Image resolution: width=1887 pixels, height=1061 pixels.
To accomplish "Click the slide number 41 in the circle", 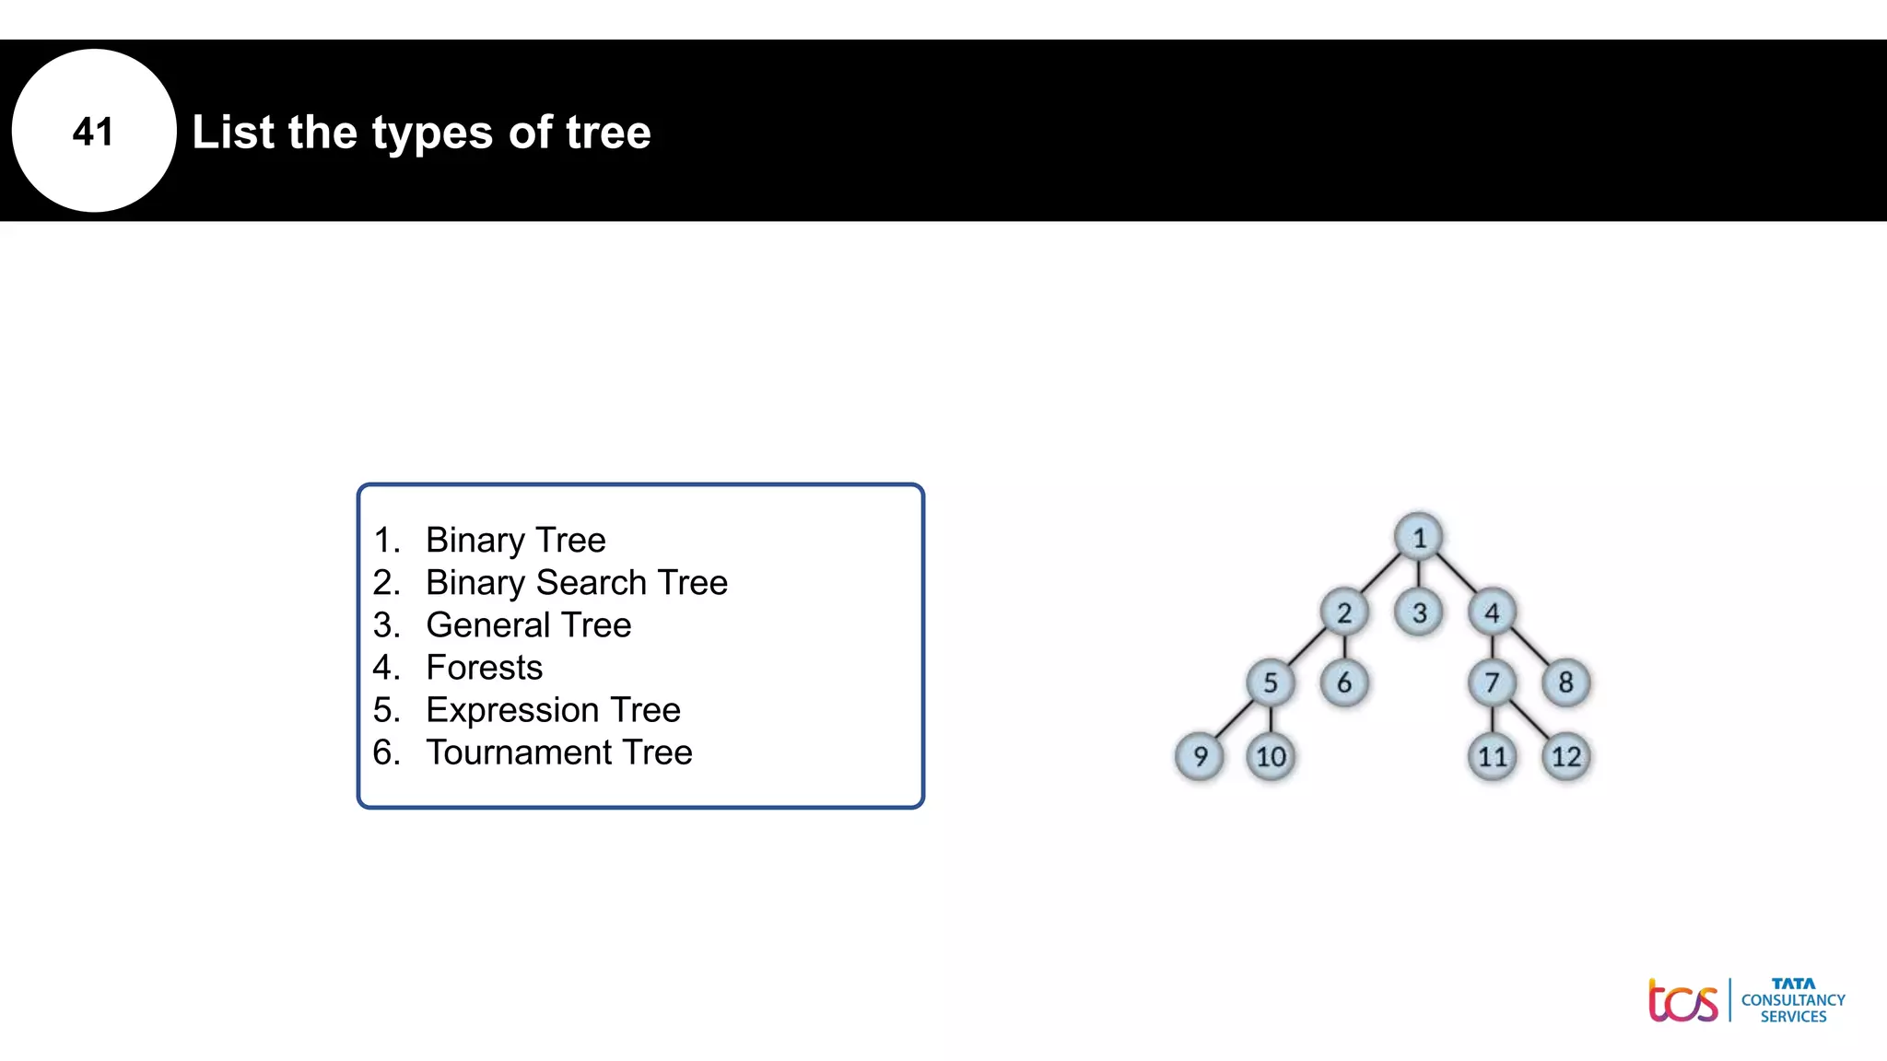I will click(x=93, y=132).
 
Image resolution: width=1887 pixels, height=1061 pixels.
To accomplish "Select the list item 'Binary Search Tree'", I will click(x=577, y=582).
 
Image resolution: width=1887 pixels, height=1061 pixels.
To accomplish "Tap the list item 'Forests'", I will click(x=484, y=667).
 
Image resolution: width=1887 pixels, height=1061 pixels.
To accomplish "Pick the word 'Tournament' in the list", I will click(x=517, y=752).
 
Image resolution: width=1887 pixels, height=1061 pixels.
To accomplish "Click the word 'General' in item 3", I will click(x=487, y=624).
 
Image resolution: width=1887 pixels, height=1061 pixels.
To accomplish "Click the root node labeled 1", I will click(x=1419, y=537).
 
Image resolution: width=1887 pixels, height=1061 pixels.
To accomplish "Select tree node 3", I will click(x=1419, y=612).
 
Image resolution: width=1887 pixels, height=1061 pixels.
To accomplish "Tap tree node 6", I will click(x=1344, y=682).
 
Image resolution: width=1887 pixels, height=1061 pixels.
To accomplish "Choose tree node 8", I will click(x=1565, y=682).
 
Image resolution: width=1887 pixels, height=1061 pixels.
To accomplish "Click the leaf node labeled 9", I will click(x=1200, y=756).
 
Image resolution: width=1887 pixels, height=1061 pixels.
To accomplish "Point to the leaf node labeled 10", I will click(x=1272, y=756).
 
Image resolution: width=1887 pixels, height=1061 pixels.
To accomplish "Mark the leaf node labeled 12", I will click(x=1565, y=756).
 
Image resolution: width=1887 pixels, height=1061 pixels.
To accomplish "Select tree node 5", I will click(x=1271, y=682).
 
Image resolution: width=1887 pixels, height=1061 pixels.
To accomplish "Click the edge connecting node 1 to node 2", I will click(x=1381, y=575).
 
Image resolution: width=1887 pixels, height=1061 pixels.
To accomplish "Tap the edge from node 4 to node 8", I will click(x=1530, y=647).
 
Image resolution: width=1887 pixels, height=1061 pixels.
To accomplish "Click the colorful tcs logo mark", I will click(x=1682, y=1001).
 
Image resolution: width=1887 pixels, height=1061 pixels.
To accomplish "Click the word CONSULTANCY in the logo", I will click(x=1793, y=1000).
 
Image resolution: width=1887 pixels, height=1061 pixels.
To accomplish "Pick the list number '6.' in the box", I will click(x=386, y=752).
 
